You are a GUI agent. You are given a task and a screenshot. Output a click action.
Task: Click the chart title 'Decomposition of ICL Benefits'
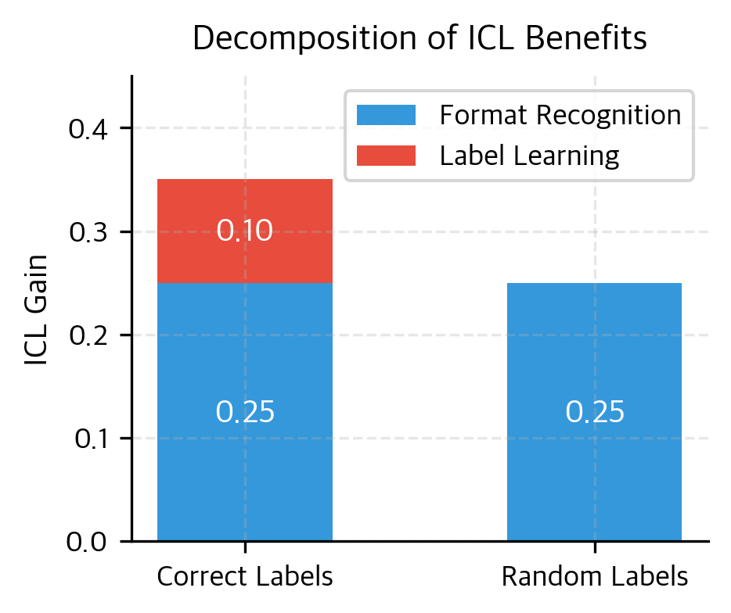coord(420,39)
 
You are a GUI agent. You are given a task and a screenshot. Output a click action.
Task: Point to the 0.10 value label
coord(245,231)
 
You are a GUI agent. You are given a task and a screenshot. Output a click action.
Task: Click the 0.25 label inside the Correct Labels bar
coord(245,413)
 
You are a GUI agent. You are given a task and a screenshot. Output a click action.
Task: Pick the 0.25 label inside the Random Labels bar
coord(595,413)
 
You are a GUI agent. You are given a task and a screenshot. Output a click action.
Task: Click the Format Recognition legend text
coord(560,116)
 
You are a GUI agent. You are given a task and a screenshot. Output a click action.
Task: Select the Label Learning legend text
coord(529,156)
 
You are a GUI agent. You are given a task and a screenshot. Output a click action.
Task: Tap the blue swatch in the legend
coord(386,116)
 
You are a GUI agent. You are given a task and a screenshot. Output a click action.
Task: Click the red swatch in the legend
coord(386,156)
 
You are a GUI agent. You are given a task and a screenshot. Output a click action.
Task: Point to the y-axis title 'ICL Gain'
coord(36,310)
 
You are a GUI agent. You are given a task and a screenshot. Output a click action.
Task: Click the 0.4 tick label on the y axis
coord(88,128)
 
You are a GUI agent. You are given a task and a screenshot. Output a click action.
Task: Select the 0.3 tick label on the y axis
coord(88,232)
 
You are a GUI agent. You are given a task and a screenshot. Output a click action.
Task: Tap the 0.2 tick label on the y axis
coord(88,335)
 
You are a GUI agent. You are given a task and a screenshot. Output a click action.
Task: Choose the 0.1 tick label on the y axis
coord(88,439)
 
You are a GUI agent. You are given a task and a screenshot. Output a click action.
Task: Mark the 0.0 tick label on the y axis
coord(88,542)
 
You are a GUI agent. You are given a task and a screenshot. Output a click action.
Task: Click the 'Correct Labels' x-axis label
coord(245,577)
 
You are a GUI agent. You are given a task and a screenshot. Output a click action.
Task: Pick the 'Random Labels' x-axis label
coord(595,577)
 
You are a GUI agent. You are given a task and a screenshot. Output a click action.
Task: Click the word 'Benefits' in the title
coord(596,39)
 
